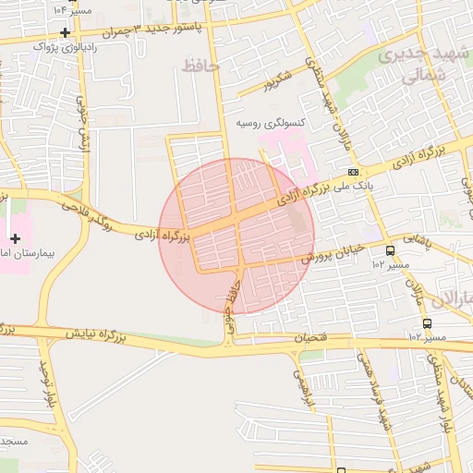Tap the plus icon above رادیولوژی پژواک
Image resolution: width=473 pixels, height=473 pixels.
pyautogui.click(x=65, y=31)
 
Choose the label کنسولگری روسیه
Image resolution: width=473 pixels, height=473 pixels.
pyautogui.click(x=271, y=123)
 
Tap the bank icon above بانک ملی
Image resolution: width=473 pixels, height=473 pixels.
pyautogui.click(x=354, y=173)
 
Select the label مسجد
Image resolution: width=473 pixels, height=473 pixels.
pyautogui.click(x=15, y=442)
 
